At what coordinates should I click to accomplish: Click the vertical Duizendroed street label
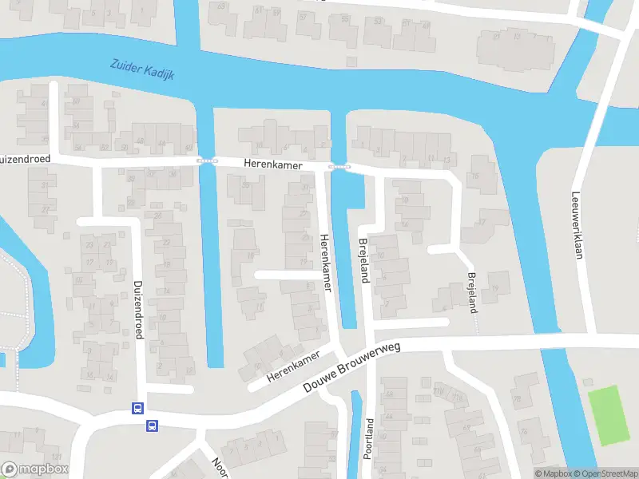coord(138,310)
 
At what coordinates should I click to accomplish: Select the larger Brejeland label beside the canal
coord(363,262)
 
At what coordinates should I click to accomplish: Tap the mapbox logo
coord(34,469)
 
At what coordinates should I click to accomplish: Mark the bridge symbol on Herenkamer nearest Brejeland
coord(339,167)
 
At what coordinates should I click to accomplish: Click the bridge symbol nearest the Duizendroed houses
coord(207,160)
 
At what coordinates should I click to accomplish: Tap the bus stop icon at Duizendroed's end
coord(137,409)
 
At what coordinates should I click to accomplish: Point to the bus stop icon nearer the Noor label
coord(152,426)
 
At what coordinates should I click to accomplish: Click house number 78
coord(517,400)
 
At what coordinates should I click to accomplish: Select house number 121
coord(56,456)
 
